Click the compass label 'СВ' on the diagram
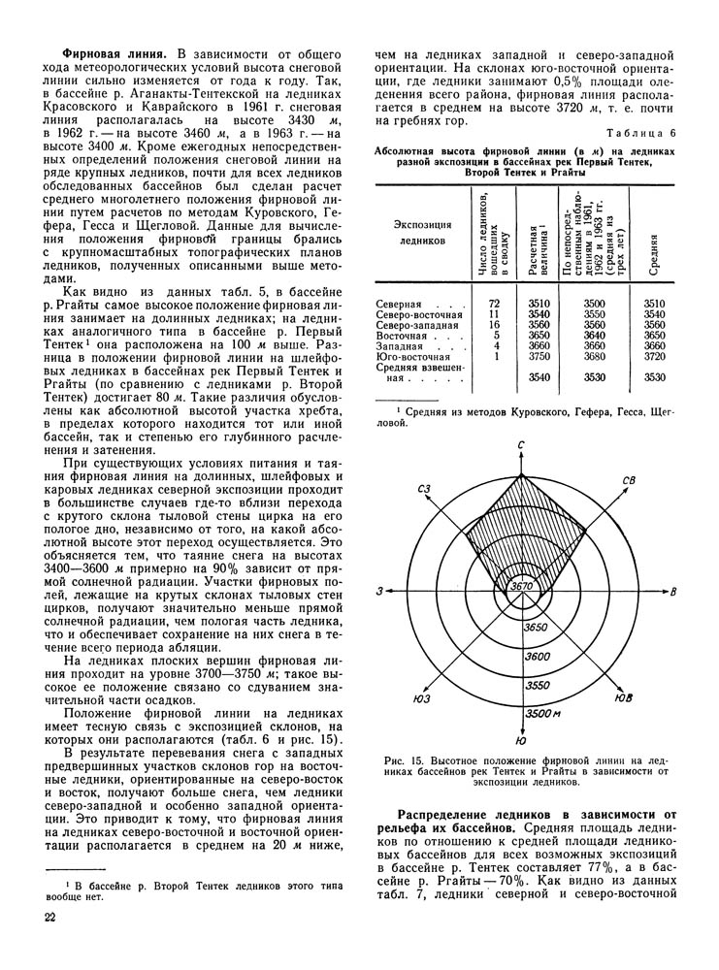point(629,480)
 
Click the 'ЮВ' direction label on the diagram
point(626,696)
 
